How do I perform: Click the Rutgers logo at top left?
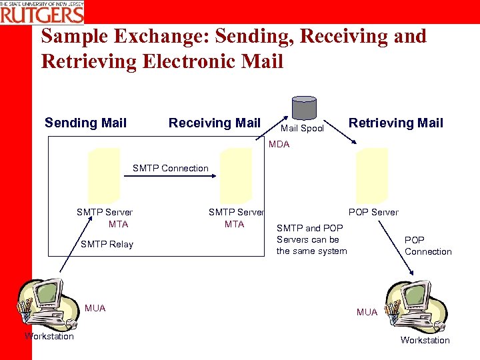[43, 11]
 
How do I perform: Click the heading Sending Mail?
[85, 123]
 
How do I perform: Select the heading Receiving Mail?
[214, 123]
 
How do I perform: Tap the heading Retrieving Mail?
[395, 123]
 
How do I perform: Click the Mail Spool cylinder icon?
[304, 108]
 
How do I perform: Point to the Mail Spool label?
[301, 129]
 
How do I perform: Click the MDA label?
[279, 145]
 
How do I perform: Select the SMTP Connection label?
[170, 168]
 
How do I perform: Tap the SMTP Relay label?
[107, 244]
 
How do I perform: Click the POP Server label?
[373, 212]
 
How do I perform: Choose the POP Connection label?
[427, 245]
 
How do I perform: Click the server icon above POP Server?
[371, 175]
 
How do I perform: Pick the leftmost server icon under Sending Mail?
[103, 175]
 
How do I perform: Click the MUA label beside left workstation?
[95, 308]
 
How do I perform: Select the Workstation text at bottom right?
[425, 340]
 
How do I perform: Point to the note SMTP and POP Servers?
[311, 239]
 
